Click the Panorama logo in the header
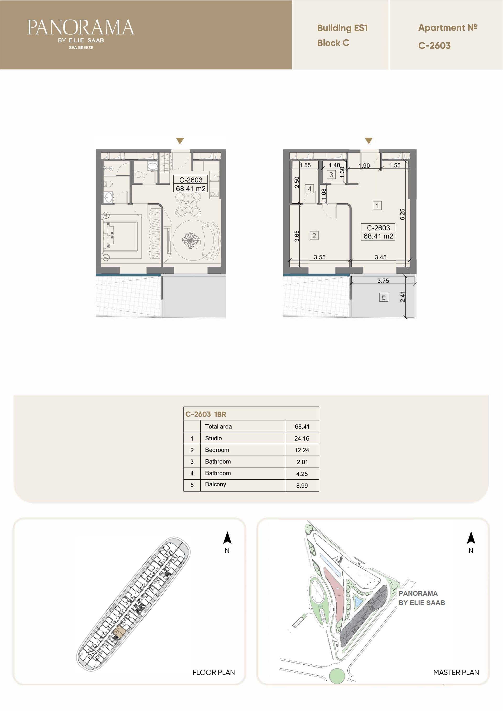[x=81, y=34]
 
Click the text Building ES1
[x=342, y=28]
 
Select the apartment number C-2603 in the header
[x=434, y=46]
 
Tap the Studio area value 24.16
[x=302, y=438]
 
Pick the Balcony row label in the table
[x=215, y=484]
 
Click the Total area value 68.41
[x=302, y=427]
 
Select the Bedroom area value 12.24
[x=302, y=450]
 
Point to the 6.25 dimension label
[x=402, y=214]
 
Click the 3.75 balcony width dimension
[x=383, y=281]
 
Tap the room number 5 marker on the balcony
[x=384, y=297]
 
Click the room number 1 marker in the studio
[x=377, y=205]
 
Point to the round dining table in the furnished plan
[x=188, y=204]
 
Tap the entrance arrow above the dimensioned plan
[x=368, y=141]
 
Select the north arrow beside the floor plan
[x=227, y=538]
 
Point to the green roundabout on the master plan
[x=337, y=676]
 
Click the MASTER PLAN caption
[x=456, y=672]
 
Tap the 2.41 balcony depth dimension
[x=402, y=297]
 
